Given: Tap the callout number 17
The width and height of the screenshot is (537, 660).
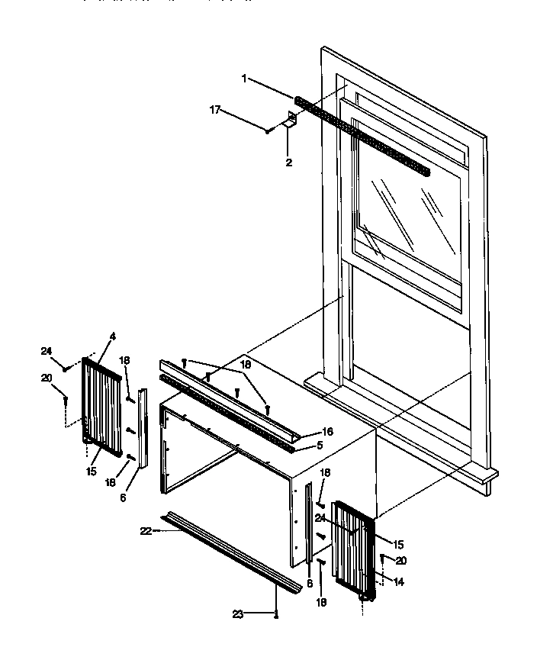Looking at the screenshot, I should pyautogui.click(x=215, y=110).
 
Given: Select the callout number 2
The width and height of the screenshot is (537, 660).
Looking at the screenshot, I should pyautogui.click(x=288, y=163).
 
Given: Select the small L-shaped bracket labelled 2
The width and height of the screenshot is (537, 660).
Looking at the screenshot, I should pyautogui.click(x=290, y=122).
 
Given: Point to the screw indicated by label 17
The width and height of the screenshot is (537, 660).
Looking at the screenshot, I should pyautogui.click(x=268, y=130).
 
